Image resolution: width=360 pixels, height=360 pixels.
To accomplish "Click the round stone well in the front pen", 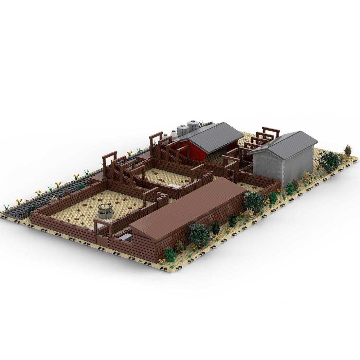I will [x=105, y=210].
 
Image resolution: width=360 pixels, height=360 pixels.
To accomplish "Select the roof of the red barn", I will [x=216, y=137].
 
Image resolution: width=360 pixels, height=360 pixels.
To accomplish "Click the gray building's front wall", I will [x=267, y=167].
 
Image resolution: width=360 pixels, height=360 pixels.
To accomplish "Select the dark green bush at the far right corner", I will [x=329, y=161].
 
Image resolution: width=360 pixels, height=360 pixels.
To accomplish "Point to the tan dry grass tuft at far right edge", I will [x=348, y=151].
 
